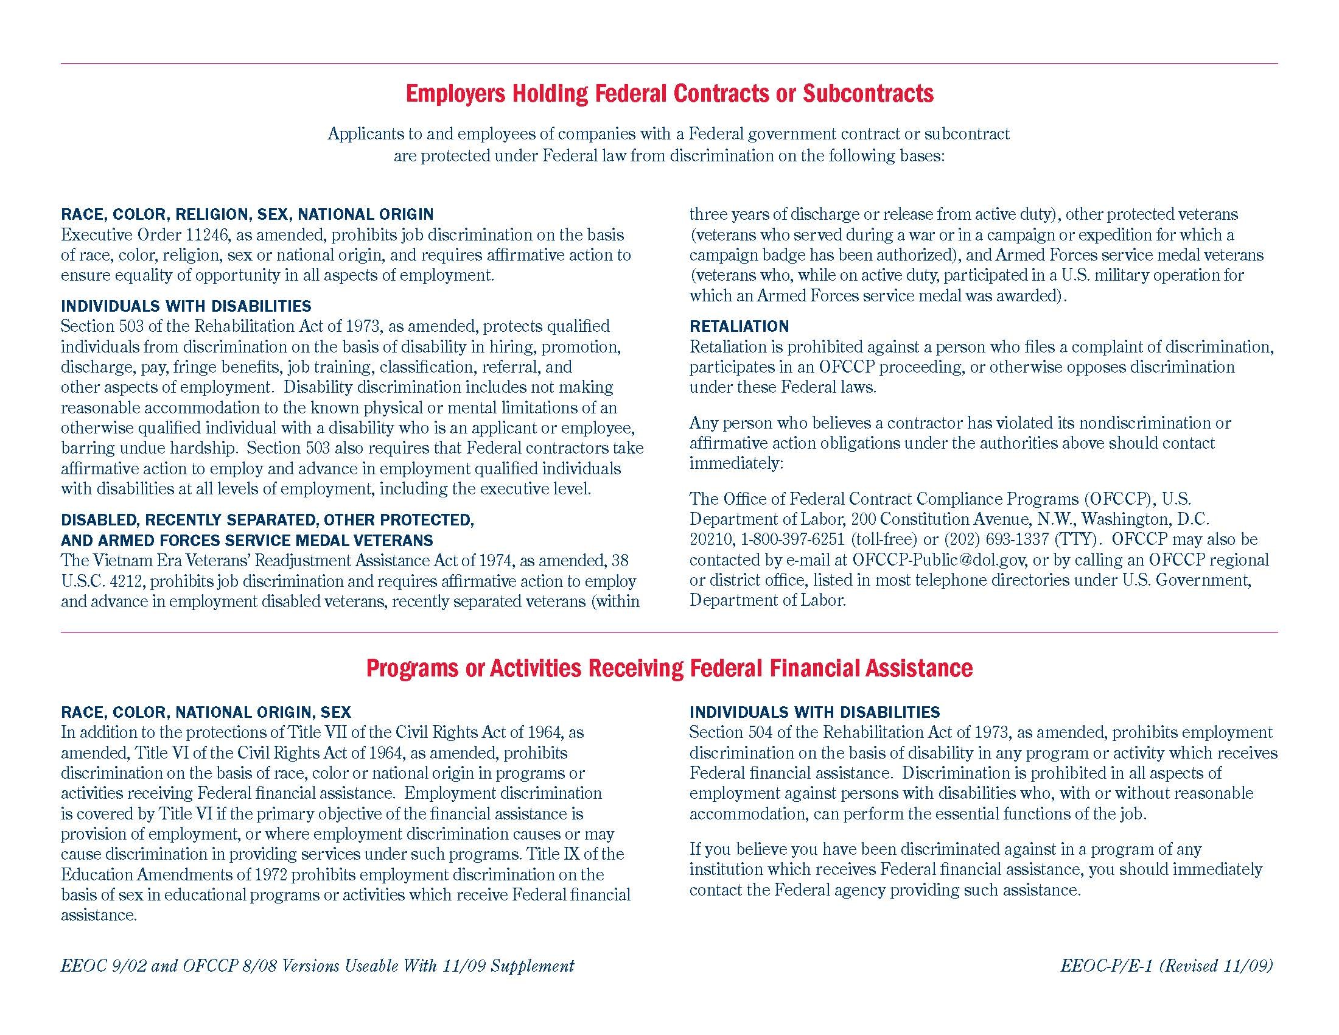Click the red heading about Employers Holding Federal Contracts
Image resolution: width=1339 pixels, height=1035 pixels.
pos(669,94)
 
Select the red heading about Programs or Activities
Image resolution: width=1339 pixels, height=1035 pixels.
pos(669,668)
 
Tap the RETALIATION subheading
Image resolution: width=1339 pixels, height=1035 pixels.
pos(739,326)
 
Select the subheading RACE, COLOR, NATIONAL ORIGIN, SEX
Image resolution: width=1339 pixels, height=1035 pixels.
pos(206,712)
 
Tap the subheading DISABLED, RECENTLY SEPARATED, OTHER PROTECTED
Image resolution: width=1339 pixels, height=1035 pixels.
pos(267,520)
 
